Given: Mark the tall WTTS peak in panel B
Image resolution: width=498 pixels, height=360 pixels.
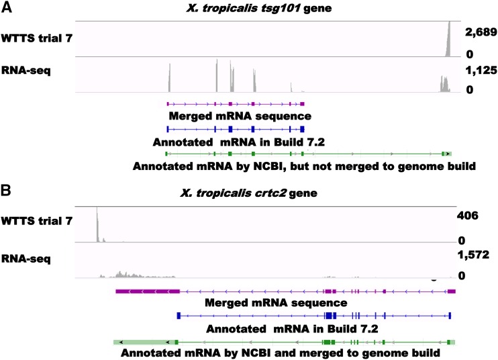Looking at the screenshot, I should pyautogui.click(x=97, y=225).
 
